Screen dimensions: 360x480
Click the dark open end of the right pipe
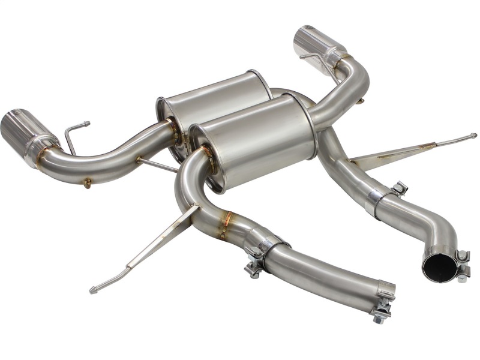coord(439,267)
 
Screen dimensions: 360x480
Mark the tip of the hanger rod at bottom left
coord(92,291)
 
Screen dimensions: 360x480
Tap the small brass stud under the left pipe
coord(88,182)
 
